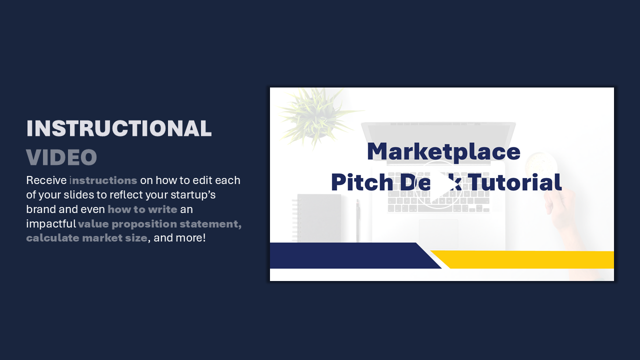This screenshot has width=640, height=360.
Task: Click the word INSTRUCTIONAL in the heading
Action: pyautogui.click(x=119, y=128)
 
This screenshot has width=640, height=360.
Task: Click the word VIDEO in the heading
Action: pyautogui.click(x=61, y=157)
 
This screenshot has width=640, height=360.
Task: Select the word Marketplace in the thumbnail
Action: pyautogui.click(x=443, y=152)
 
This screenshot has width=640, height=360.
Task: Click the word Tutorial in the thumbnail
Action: pyautogui.click(x=515, y=182)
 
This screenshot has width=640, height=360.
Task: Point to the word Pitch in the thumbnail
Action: pyautogui.click(x=362, y=182)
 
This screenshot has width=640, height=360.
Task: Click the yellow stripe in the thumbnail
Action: pyautogui.click(x=522, y=259)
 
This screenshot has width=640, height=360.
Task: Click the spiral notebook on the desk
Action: pyautogui.click(x=317, y=217)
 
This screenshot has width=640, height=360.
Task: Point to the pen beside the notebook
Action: pyautogui.click(x=357, y=220)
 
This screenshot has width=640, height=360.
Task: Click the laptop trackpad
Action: pyautogui.click(x=438, y=231)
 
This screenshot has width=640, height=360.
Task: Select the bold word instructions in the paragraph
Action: pyautogui.click(x=103, y=180)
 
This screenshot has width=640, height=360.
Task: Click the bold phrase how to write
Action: pyautogui.click(x=142, y=209)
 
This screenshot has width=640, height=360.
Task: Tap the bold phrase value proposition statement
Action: pyautogui.click(x=159, y=224)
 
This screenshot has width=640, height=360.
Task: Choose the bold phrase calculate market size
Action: pyautogui.click(x=87, y=238)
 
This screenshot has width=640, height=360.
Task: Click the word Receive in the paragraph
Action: pyautogui.click(x=46, y=180)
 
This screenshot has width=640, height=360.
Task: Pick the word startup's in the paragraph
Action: pyautogui.click(x=193, y=195)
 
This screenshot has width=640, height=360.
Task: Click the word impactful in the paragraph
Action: pyautogui.click(x=51, y=224)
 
